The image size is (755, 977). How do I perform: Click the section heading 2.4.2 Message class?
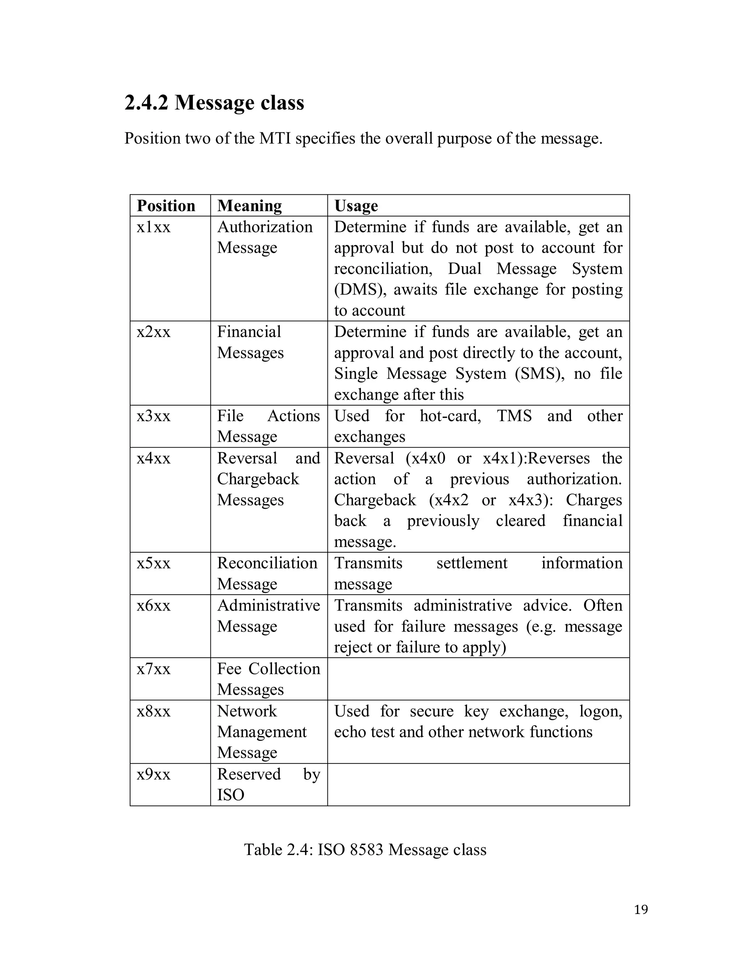(x=214, y=103)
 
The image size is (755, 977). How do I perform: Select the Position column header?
(x=166, y=206)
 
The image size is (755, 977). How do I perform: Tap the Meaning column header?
(x=249, y=206)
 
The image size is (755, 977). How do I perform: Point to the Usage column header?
(x=356, y=206)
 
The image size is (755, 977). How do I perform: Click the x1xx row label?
(x=153, y=227)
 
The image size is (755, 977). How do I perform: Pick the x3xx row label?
(x=153, y=416)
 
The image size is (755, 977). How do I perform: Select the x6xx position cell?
(x=153, y=606)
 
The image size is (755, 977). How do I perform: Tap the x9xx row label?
(x=153, y=774)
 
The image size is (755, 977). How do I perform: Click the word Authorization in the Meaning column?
(x=265, y=227)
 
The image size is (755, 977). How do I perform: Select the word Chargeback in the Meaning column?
(x=258, y=479)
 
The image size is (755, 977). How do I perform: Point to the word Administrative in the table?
(x=268, y=606)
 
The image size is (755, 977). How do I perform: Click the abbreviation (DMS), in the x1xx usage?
(x=360, y=290)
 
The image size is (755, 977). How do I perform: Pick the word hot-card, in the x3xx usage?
(x=450, y=416)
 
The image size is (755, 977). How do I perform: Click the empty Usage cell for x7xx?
(x=478, y=679)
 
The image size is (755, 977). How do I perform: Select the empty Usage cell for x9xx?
(x=478, y=784)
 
